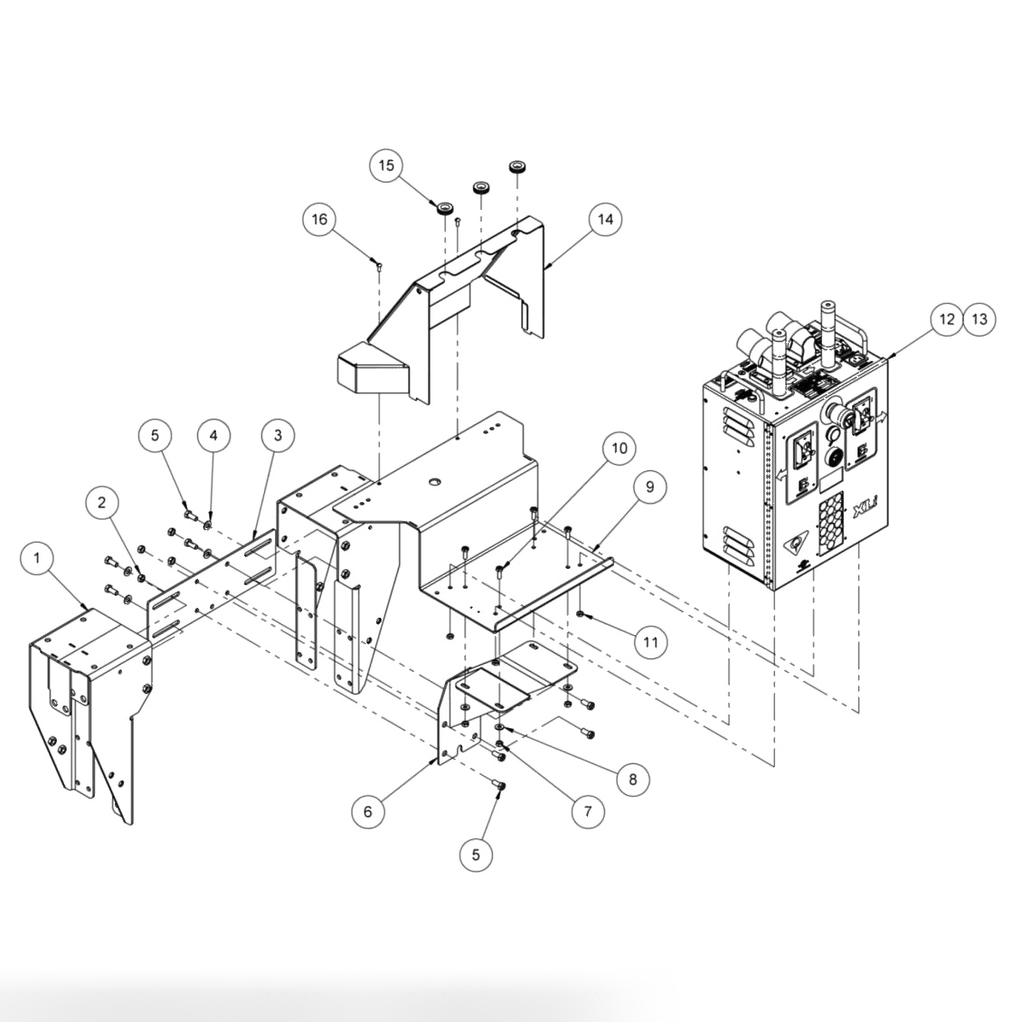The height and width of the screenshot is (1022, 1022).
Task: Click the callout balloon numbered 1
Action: (37, 558)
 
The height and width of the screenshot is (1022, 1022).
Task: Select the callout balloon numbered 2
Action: (103, 501)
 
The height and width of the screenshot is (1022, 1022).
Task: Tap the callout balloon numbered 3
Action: (278, 435)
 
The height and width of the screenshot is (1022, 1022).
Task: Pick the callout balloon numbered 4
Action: (213, 435)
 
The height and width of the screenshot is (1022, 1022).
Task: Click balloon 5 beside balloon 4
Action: (155, 435)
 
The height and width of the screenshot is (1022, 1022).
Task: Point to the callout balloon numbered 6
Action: (367, 811)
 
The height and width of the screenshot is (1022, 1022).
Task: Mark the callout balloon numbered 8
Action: (632, 779)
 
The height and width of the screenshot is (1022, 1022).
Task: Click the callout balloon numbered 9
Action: (649, 487)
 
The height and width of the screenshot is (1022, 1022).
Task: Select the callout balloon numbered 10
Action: (619, 449)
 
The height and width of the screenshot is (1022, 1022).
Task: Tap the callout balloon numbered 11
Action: (650, 642)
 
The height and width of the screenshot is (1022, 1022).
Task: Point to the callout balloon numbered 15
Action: (386, 166)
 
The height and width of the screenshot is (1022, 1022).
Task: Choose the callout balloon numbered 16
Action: (320, 219)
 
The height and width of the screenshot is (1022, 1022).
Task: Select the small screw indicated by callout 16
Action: (378, 264)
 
